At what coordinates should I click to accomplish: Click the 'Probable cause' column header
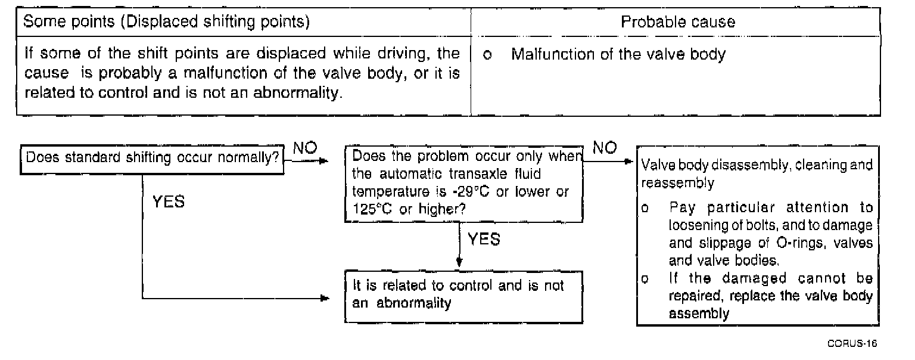tap(677, 22)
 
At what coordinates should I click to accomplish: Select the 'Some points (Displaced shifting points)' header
tap(166, 22)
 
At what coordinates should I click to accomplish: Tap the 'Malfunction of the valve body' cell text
tap(618, 55)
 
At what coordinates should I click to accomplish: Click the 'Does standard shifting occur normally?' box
tap(151, 159)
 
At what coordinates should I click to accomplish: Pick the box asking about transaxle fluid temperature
tap(463, 184)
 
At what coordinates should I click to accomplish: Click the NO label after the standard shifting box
tap(305, 148)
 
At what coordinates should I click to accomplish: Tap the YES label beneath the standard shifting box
tap(168, 203)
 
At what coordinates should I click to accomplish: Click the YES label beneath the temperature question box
tap(484, 240)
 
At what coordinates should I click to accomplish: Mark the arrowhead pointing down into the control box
tap(459, 263)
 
